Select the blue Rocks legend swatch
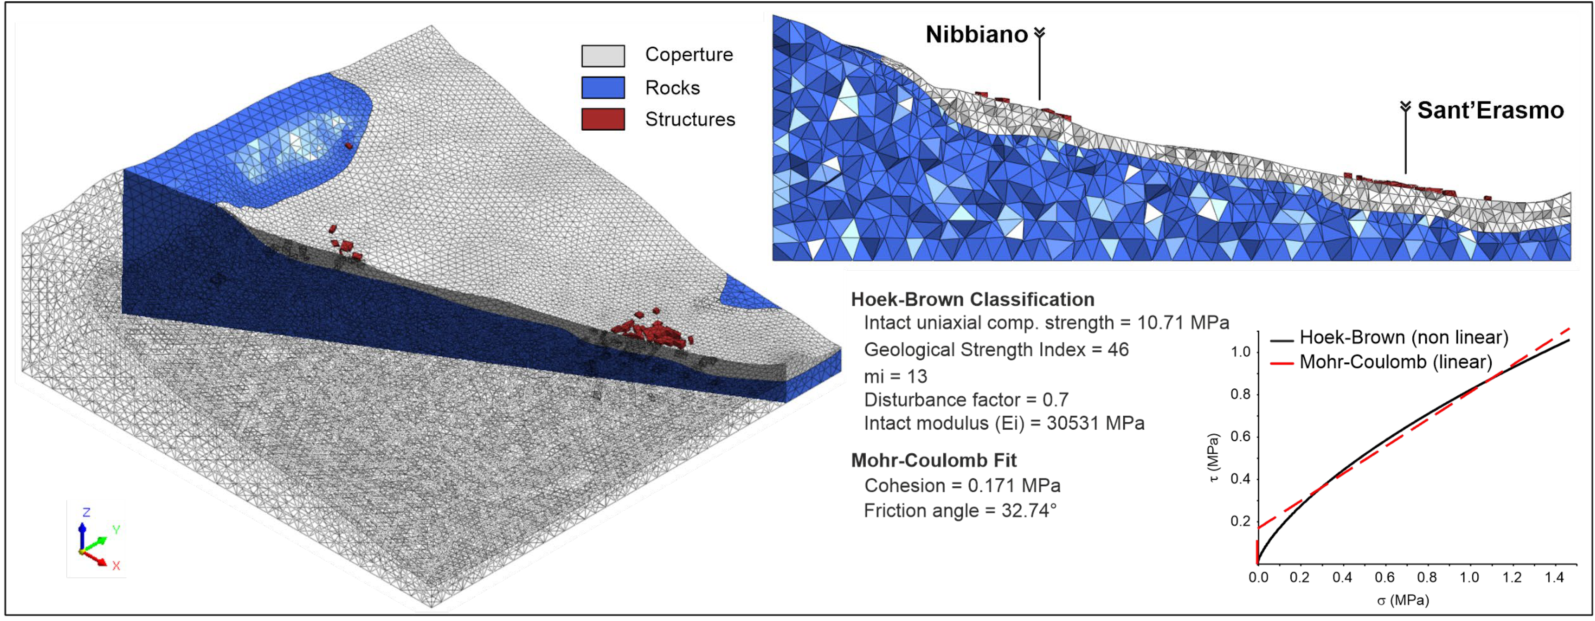(x=602, y=87)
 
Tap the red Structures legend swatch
(x=602, y=119)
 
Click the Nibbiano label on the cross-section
(x=976, y=35)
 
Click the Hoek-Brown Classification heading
(x=972, y=300)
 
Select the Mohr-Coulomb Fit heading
(x=934, y=460)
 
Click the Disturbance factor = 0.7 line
(x=966, y=400)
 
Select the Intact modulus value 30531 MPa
(x=1095, y=424)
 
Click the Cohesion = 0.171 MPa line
(x=962, y=485)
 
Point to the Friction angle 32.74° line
(x=960, y=511)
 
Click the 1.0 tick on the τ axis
(x=1241, y=352)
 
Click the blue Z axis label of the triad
(x=86, y=512)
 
